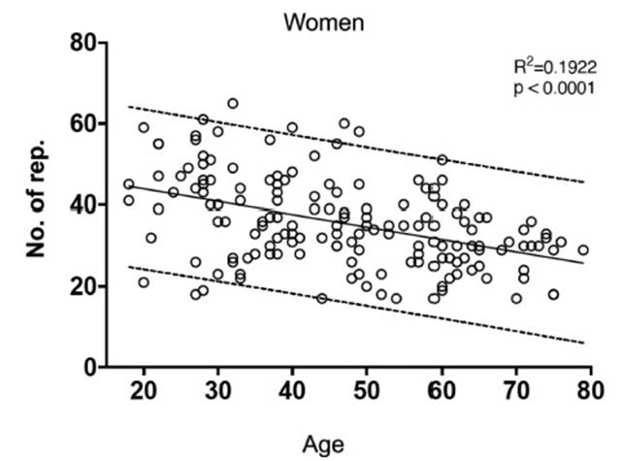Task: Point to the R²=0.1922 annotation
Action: pyautogui.click(x=546, y=67)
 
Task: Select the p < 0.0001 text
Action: pyautogui.click(x=546, y=87)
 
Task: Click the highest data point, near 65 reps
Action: pyautogui.click(x=233, y=104)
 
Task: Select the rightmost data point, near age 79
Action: pyautogui.click(x=583, y=249)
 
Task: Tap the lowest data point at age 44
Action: pyautogui.click(x=322, y=298)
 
